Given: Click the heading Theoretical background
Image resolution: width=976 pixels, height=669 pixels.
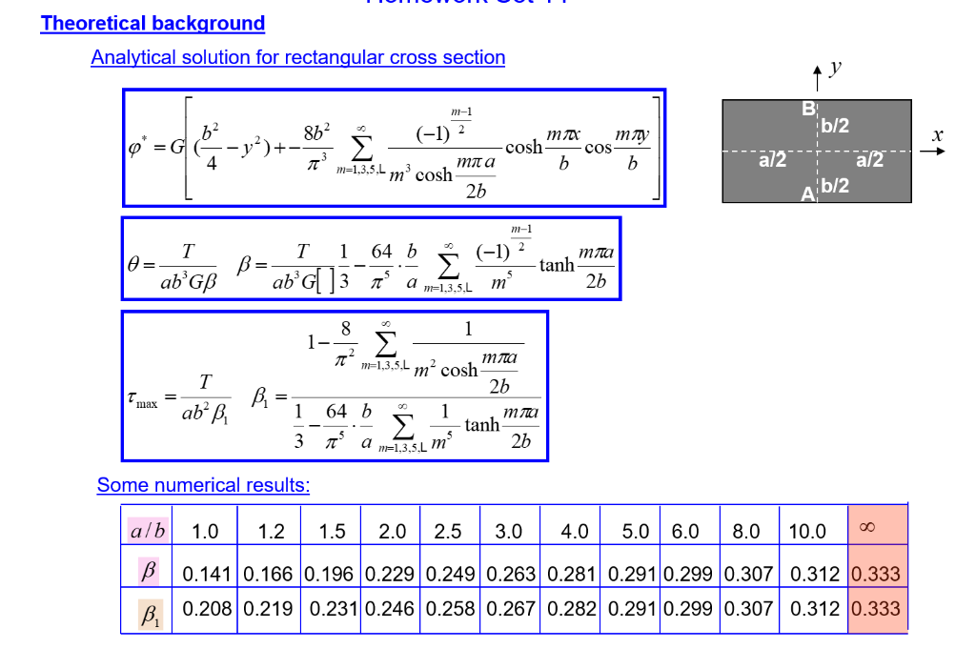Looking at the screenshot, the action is tap(152, 24).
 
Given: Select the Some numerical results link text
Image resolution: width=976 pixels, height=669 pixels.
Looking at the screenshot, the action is tap(203, 485).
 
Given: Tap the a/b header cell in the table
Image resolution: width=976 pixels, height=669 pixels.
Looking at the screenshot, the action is tap(147, 531).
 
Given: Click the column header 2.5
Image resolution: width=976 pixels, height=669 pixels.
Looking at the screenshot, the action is tap(447, 532).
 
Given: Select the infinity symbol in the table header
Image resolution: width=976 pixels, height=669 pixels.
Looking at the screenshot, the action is tap(865, 528).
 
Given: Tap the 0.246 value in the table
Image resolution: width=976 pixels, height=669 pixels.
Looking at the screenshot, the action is tap(389, 609).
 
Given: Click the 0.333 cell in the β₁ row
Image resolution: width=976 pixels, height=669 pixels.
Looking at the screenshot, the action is tap(876, 609).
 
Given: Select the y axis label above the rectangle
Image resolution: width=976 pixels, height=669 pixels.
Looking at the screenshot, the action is tap(835, 67).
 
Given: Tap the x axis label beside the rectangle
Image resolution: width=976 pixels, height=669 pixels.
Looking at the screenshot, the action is tap(937, 136).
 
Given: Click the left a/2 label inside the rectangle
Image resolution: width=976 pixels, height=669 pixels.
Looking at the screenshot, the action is tap(772, 160).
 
